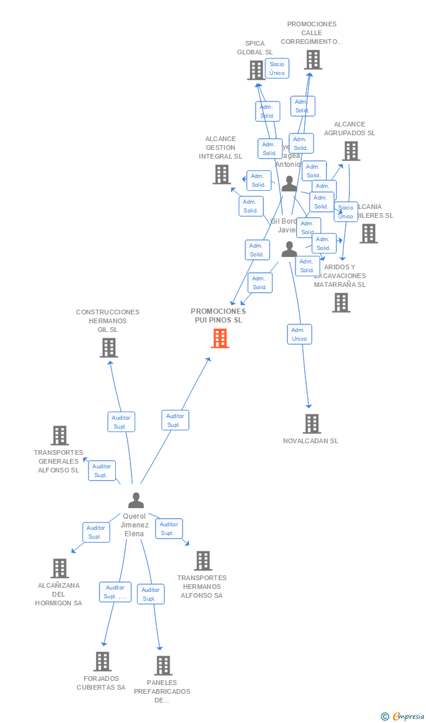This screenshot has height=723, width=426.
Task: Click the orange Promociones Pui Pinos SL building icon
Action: pos(220,338)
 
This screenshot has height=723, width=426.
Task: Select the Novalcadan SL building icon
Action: pos(312,423)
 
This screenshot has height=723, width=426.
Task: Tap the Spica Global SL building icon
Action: pos(256,70)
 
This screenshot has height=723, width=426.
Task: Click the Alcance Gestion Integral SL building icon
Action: pos(221,174)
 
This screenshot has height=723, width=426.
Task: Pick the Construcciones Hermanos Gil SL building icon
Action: pos(108,348)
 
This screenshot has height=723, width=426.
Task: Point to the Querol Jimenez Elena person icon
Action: pos(136,501)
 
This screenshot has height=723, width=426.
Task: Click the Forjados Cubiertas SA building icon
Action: pos(102,661)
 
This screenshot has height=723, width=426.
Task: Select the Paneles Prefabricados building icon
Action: pos(163,665)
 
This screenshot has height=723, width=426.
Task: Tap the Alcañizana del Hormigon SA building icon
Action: pos(59,568)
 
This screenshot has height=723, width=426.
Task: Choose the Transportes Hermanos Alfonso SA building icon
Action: pos(202,560)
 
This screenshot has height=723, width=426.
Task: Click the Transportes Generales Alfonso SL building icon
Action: pos(60,435)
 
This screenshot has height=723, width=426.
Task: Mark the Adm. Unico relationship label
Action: pos(300,334)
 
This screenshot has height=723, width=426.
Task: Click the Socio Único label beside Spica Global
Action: pos(277,68)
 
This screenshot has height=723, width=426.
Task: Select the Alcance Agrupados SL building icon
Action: pos(351,151)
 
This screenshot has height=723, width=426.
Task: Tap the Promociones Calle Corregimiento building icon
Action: pos(312,59)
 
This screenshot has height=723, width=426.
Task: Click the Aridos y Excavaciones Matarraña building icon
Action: pos(341,303)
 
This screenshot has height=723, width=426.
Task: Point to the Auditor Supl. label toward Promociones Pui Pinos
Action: pos(174,420)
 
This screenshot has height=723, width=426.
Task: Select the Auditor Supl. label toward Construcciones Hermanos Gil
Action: pos(121,422)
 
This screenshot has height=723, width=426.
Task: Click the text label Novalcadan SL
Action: pos(311,441)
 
